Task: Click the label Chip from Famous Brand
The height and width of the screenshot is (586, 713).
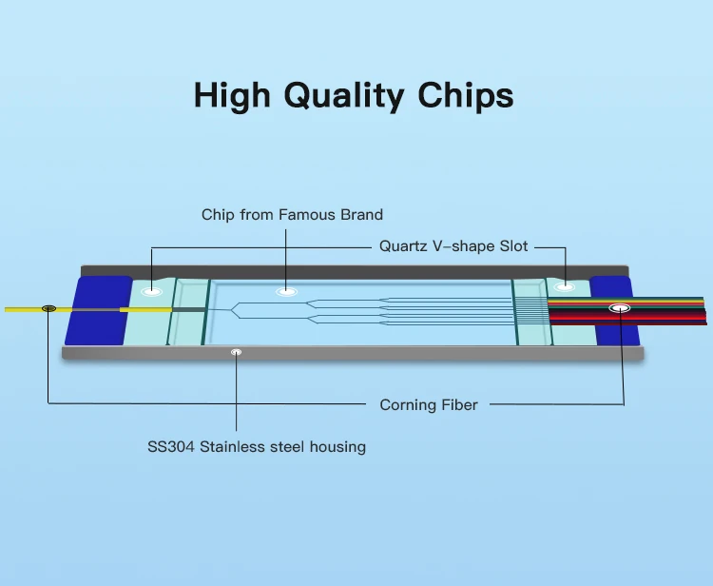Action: pyautogui.click(x=292, y=215)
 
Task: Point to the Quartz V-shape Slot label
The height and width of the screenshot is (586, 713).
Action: pyautogui.click(x=453, y=245)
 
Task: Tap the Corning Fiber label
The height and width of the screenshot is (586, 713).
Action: pyautogui.click(x=429, y=405)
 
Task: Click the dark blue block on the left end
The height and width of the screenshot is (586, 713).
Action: pyautogui.click(x=99, y=310)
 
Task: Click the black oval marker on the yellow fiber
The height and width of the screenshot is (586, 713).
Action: pyautogui.click(x=48, y=308)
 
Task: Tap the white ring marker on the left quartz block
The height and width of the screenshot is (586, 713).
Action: pyautogui.click(x=151, y=291)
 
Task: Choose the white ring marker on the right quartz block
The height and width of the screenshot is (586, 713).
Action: pyautogui.click(x=566, y=285)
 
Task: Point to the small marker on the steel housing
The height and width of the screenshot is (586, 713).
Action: pyautogui.click(x=236, y=353)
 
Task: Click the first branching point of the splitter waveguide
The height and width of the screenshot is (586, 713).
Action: pyautogui.click(x=234, y=309)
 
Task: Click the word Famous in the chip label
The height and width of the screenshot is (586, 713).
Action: pyautogui.click(x=302, y=215)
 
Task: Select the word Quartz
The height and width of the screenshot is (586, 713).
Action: pyautogui.click(x=403, y=245)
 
